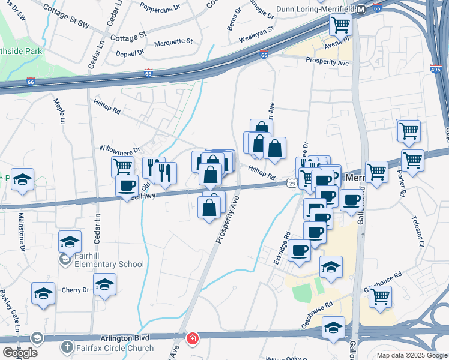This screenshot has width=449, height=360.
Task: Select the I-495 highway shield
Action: (436, 70)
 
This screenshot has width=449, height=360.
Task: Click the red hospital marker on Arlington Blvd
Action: (191, 339)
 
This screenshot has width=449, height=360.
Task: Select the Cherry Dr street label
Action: (75, 290)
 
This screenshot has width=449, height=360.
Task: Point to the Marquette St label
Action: (173, 42)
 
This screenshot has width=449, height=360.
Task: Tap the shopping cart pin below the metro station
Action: (340, 25)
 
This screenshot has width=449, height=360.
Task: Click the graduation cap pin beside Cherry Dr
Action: (105, 284)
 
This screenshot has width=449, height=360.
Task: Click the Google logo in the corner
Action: (19, 352)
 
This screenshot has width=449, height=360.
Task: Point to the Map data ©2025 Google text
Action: (411, 355)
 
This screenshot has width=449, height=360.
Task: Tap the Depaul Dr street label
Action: (132, 53)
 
